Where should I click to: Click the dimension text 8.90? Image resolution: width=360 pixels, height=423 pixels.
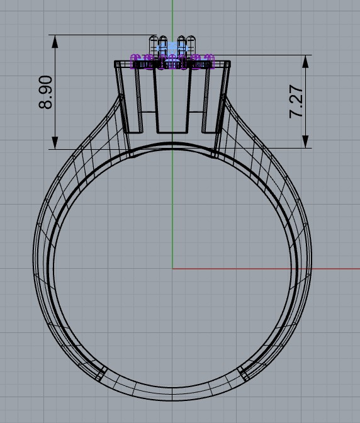coord(46,93)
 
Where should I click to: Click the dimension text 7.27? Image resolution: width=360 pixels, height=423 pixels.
coord(296,102)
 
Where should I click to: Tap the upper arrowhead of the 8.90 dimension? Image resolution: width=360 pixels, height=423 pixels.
coord(55,41)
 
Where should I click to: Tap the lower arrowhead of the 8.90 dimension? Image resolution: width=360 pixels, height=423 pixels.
coord(55,142)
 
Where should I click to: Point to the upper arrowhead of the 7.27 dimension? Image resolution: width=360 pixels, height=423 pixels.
coord(306,61)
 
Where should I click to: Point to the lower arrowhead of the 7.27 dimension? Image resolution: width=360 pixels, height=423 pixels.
coord(306,142)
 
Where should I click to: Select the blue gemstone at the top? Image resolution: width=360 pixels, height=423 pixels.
coord(172,48)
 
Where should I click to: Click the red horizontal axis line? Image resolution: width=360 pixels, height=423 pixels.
coord(264,269)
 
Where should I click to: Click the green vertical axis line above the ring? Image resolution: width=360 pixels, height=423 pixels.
coord(172,19)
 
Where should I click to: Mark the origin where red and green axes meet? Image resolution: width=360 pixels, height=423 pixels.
coord(172,269)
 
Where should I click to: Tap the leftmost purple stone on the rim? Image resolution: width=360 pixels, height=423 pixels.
coord(134,61)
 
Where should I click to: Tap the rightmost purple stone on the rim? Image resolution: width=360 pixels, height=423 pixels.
coord(210,61)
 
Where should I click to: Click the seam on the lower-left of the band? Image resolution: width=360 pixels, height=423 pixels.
coord(101,373)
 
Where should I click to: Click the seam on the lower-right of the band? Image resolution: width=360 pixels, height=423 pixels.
coord(244,373)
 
